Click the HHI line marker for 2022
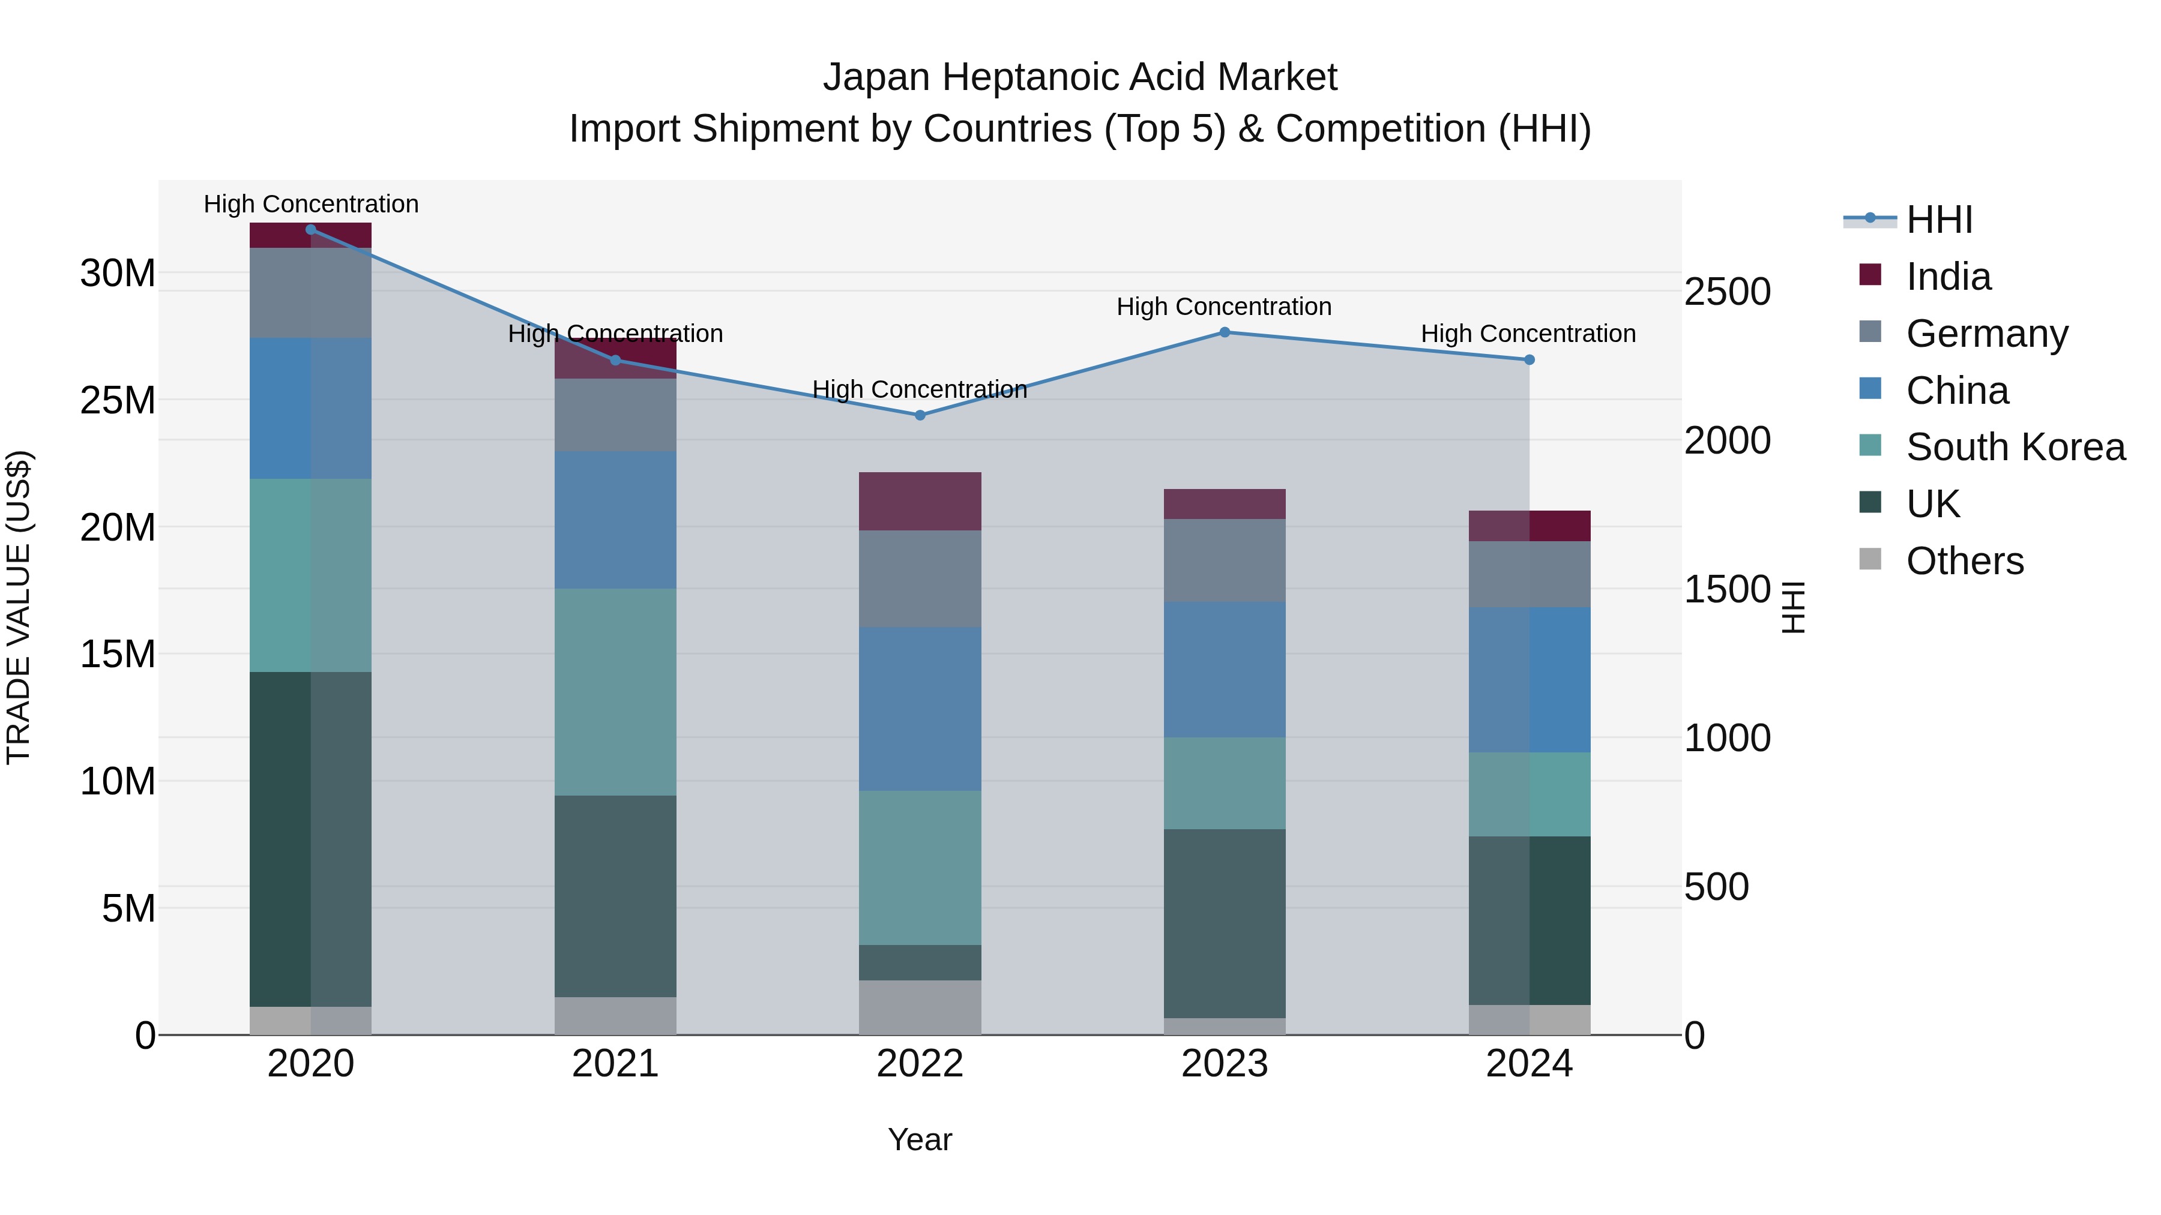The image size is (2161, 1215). (x=920, y=415)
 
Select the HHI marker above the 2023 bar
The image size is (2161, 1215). (x=1224, y=332)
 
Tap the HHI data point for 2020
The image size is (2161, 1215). (x=310, y=229)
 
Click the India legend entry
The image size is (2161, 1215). (x=1947, y=277)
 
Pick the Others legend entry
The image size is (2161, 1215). (x=1964, y=561)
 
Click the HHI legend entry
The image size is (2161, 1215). (x=1939, y=220)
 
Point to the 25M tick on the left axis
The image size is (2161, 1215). (x=118, y=401)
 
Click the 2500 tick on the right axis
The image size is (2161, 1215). (x=1727, y=292)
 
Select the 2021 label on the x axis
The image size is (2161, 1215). (x=615, y=1064)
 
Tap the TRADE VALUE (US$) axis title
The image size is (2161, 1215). (x=19, y=607)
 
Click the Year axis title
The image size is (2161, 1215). (x=920, y=1139)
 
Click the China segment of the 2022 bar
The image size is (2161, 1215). (x=920, y=709)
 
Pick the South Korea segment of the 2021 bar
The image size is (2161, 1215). (x=615, y=692)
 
